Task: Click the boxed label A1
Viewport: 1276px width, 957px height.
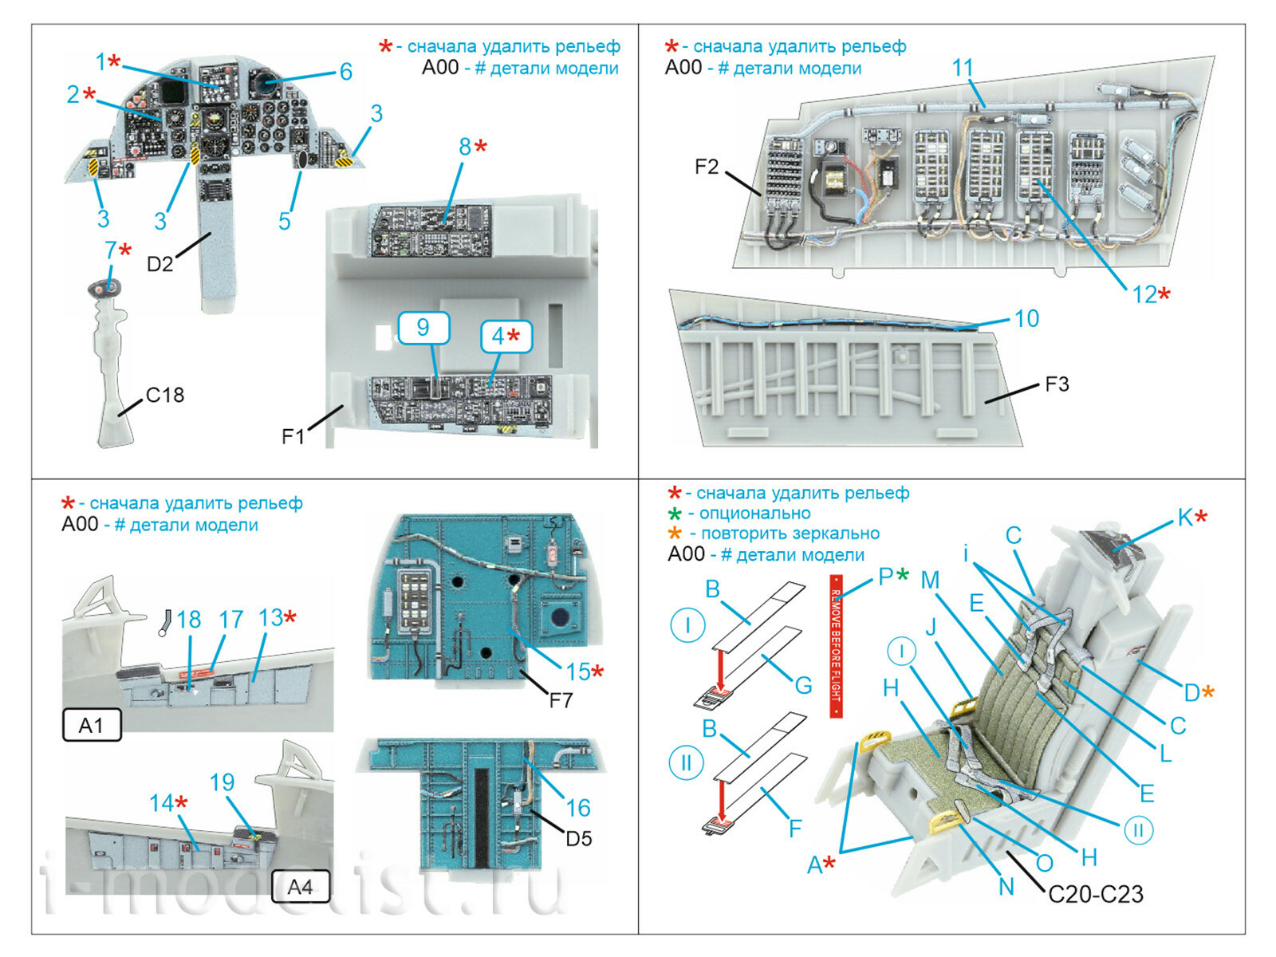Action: click(x=91, y=725)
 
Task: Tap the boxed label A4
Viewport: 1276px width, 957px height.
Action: click(x=300, y=886)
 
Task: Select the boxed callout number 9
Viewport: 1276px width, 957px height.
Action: click(x=423, y=327)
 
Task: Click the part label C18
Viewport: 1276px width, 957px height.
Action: click(x=165, y=395)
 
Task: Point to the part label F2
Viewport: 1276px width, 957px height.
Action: click(x=707, y=167)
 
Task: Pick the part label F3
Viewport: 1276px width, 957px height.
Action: click(x=1057, y=384)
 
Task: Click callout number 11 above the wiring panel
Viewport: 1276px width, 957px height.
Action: click(x=963, y=68)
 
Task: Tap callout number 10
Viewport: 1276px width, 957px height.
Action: click(x=1026, y=318)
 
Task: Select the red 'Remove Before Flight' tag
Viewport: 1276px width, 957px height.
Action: click(x=836, y=646)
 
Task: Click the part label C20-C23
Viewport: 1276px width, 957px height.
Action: click(x=1095, y=893)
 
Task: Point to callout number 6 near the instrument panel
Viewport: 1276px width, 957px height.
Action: click(x=345, y=72)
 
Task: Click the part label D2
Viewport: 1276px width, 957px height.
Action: click(x=159, y=263)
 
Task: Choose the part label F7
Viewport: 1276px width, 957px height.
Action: click(x=561, y=700)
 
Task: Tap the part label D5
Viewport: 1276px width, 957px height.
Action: click(x=578, y=838)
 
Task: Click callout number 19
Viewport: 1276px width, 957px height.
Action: click(x=222, y=782)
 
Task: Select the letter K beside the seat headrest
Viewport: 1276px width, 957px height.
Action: click(x=1186, y=518)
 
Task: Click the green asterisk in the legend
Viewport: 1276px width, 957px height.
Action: click(x=675, y=514)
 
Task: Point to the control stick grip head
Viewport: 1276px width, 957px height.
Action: click(x=104, y=289)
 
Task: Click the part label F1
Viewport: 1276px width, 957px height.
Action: click(x=293, y=436)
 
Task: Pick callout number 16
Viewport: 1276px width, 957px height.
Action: click(x=578, y=807)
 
